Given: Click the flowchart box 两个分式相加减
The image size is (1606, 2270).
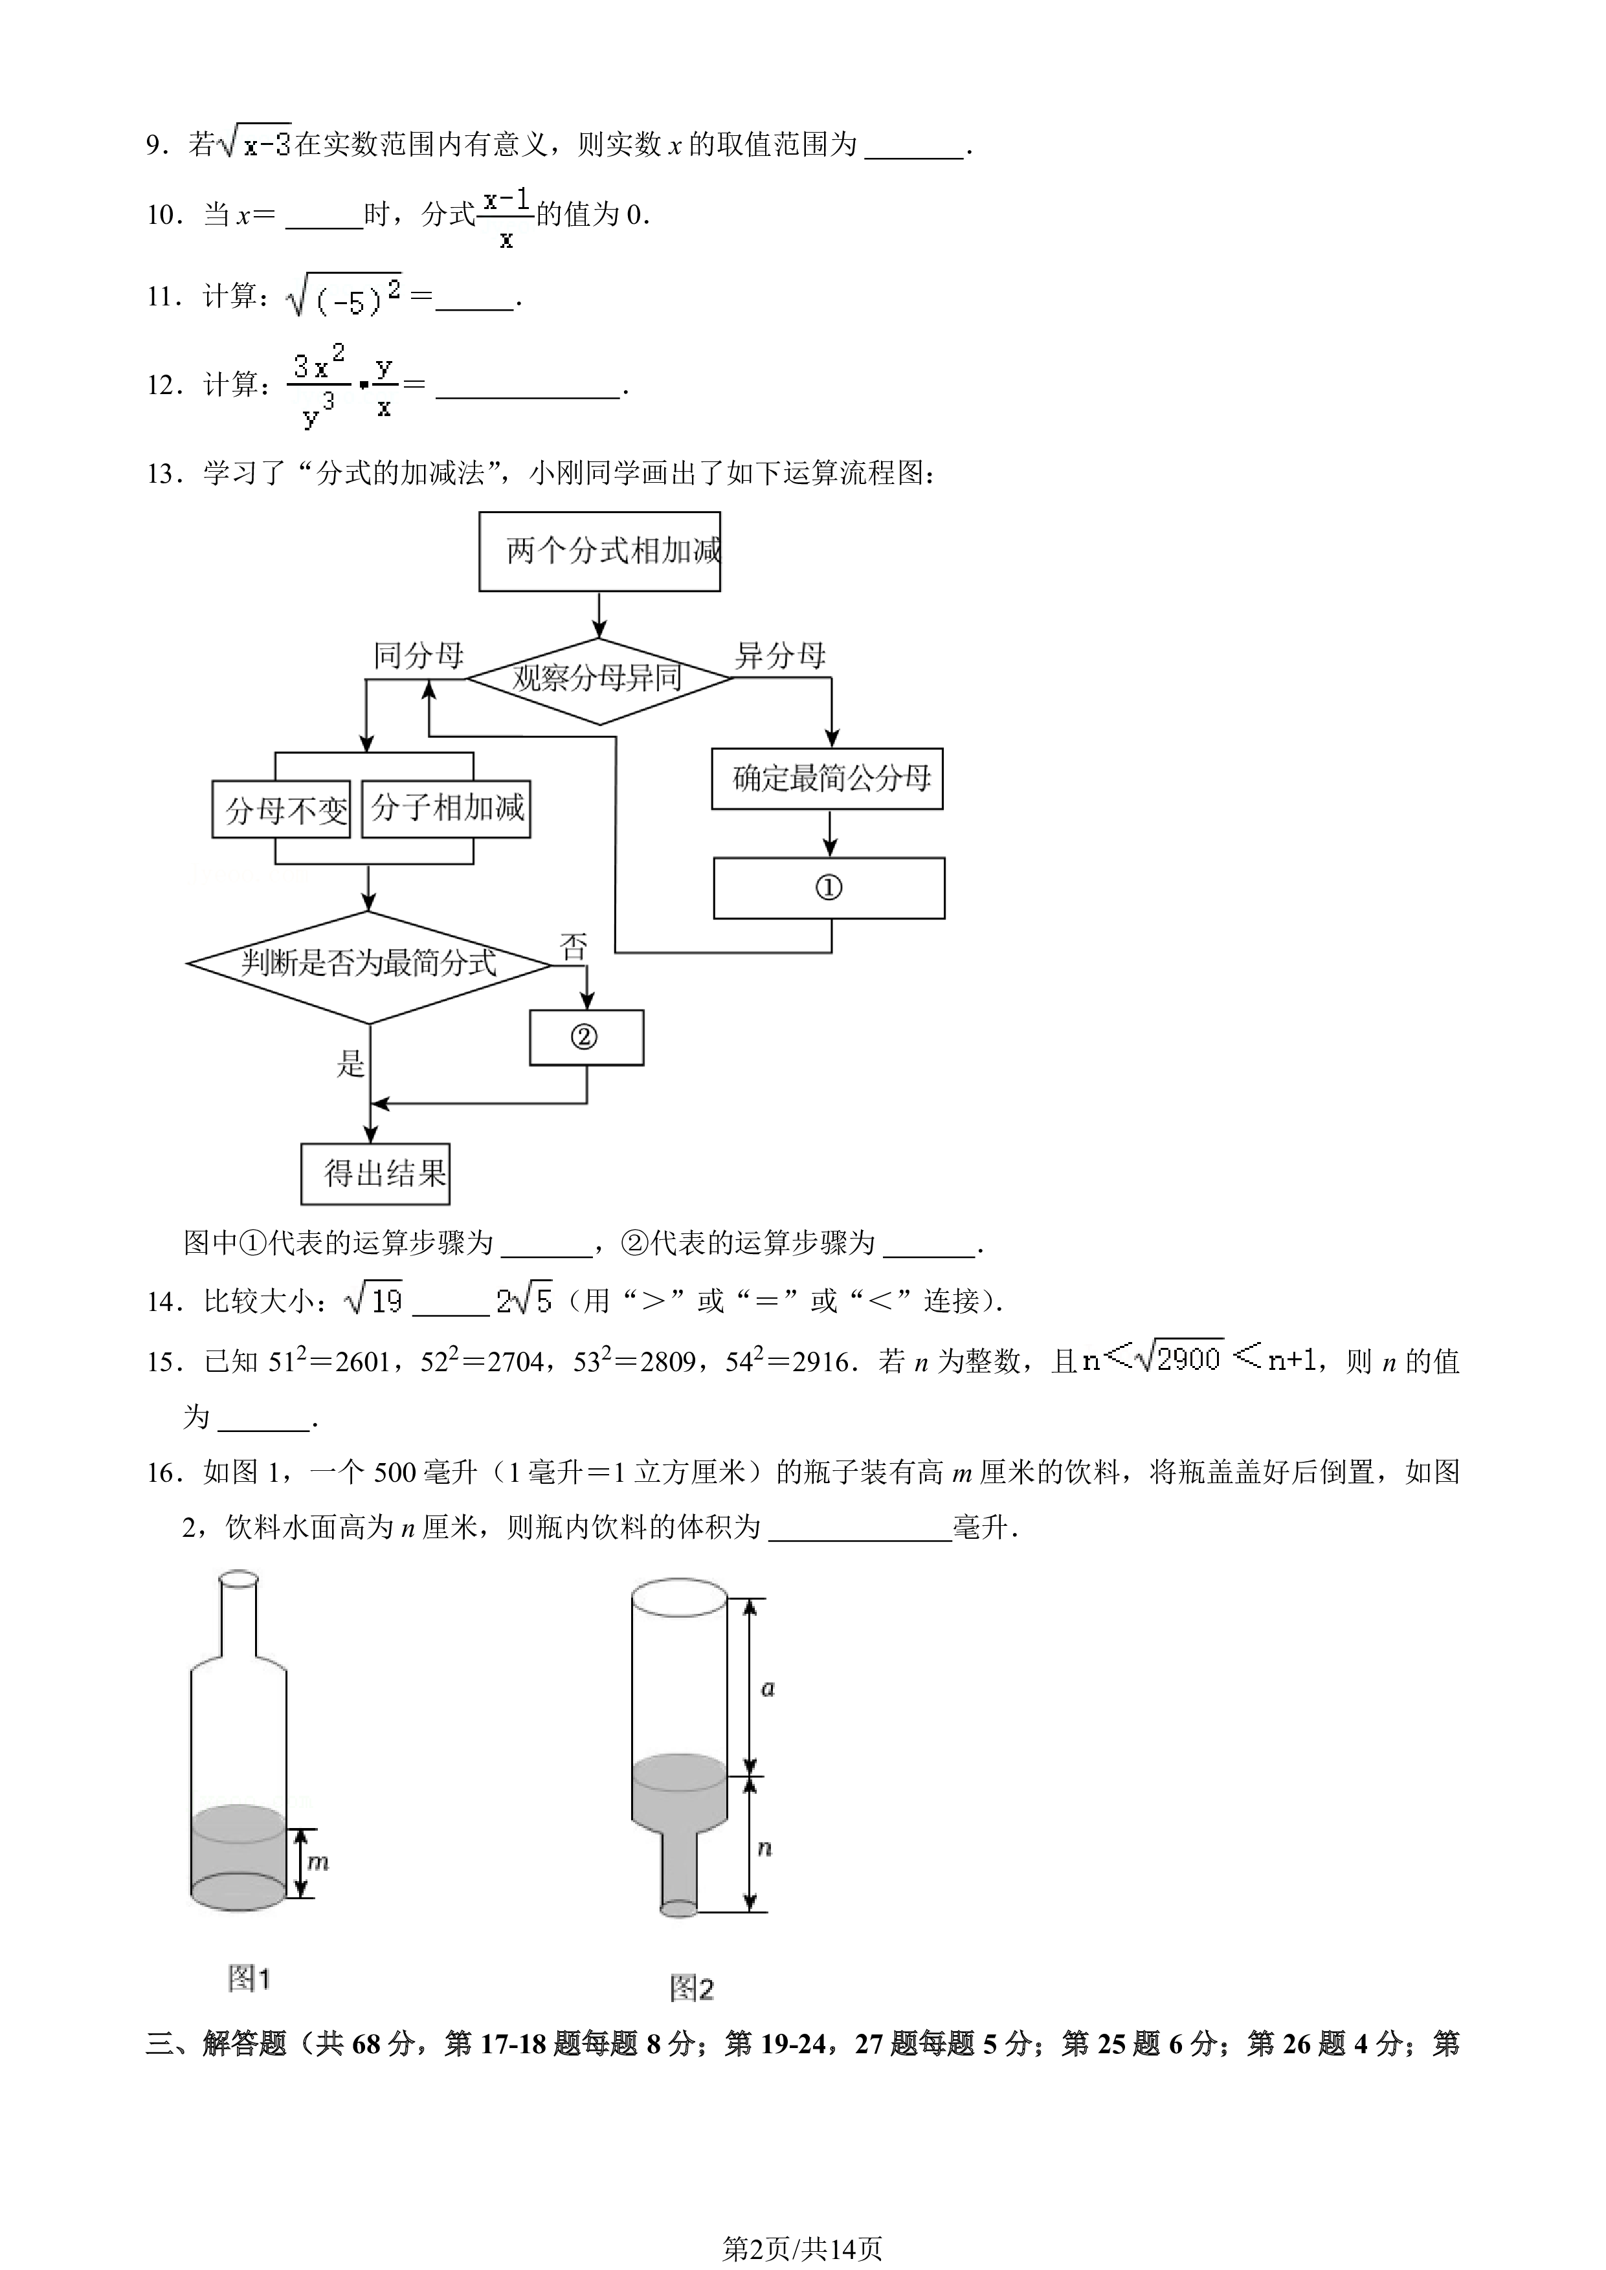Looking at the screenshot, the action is point(599,552).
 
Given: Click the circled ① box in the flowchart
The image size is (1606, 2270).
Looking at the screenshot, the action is point(829,888).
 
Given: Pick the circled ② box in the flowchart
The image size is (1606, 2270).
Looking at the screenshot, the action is point(586,1037).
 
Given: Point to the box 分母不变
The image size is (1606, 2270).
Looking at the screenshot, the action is point(282,810).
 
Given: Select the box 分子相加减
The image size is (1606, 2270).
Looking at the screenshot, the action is point(446,809).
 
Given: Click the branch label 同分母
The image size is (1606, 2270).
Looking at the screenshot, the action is point(418,656).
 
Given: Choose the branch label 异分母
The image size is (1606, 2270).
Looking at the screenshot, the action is point(780,656).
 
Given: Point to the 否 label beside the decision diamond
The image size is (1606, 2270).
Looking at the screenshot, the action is point(574,947).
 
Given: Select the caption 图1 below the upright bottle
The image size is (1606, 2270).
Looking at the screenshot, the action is point(249,1978).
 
